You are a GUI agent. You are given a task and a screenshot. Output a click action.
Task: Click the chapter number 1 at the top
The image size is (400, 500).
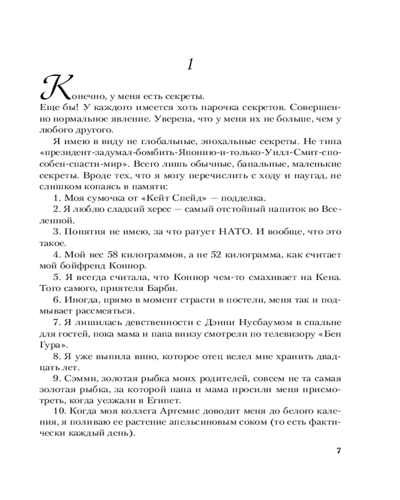coord(189,64)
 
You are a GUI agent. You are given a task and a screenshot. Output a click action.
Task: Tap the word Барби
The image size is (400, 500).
coord(149,288)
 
